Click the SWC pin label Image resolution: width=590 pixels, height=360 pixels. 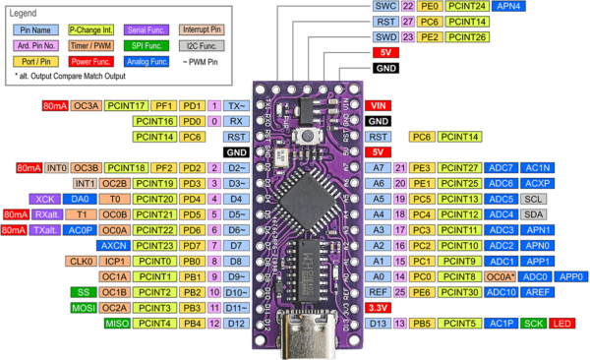coord(385,6)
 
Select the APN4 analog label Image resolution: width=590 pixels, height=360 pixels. coord(508,6)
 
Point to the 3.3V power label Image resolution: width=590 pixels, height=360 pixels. coord(378,307)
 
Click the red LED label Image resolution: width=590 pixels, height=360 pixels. coord(563,323)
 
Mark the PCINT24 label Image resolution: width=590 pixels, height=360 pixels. coord(467,6)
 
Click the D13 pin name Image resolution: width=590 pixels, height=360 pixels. coord(377,323)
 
